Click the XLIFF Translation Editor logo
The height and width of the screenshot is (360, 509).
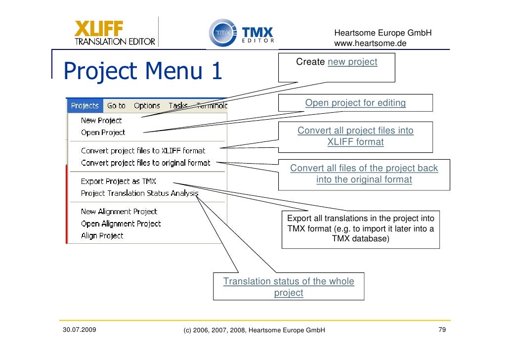[115, 33]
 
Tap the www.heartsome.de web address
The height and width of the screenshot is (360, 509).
[370, 44]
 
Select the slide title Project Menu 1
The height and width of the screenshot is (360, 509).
[142, 71]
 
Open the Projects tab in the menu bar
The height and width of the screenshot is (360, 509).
[85, 105]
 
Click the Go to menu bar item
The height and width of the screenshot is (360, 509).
[116, 105]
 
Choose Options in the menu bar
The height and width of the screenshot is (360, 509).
[147, 105]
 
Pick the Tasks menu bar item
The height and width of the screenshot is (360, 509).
[178, 105]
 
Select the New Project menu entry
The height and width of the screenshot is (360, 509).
[101, 120]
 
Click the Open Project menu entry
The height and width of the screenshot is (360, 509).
[103, 132]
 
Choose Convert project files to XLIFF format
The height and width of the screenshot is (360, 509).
[143, 150]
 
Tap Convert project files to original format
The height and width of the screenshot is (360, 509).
[145, 163]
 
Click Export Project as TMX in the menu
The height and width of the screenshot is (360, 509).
[119, 181]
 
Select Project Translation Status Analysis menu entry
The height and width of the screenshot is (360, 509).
[139, 193]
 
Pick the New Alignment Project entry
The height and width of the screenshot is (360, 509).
[119, 212]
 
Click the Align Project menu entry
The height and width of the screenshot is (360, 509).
[102, 236]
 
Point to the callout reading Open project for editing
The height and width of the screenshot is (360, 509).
[355, 103]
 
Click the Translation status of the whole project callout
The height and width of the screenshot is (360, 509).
[289, 287]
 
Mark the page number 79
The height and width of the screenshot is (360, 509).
[442, 329]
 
